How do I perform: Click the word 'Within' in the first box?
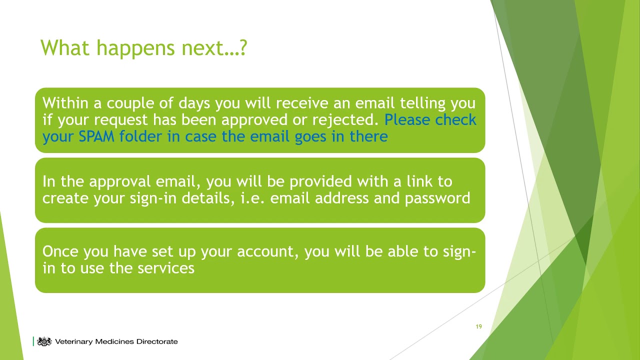click(66, 103)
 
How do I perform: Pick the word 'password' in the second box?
click(437, 198)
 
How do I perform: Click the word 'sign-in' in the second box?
click(153, 198)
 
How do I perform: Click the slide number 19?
click(478, 326)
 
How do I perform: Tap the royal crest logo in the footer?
click(44, 341)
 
